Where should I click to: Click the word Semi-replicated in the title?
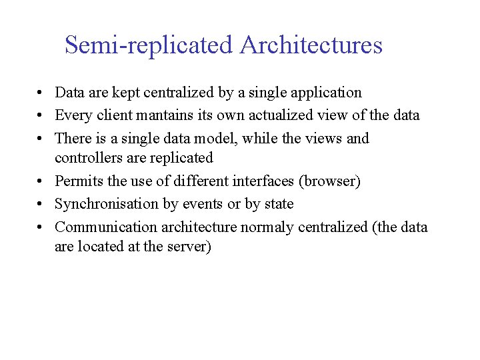point(149,45)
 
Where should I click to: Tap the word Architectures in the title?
point(311,45)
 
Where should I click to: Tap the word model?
point(220,139)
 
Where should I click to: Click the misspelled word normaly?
point(267,227)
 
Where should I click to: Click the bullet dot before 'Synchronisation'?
point(41,204)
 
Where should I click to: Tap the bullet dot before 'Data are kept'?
point(41,93)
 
